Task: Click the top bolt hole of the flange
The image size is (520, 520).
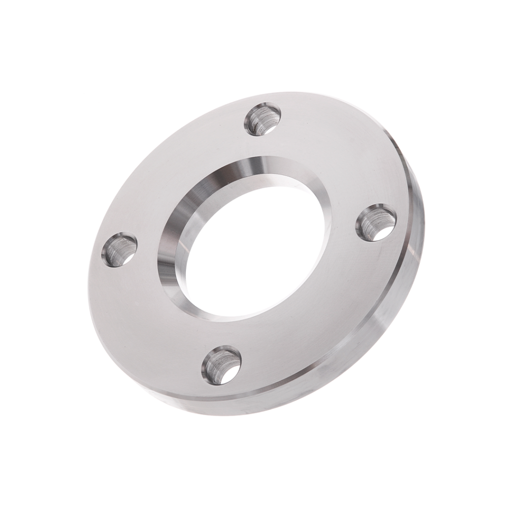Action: [x=263, y=119]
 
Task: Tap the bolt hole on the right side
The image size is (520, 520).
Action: [x=376, y=222]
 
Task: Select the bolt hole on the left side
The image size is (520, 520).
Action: [x=119, y=249]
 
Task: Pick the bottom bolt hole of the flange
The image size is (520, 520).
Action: [x=221, y=365]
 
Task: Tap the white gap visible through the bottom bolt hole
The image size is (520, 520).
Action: [x=231, y=373]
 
